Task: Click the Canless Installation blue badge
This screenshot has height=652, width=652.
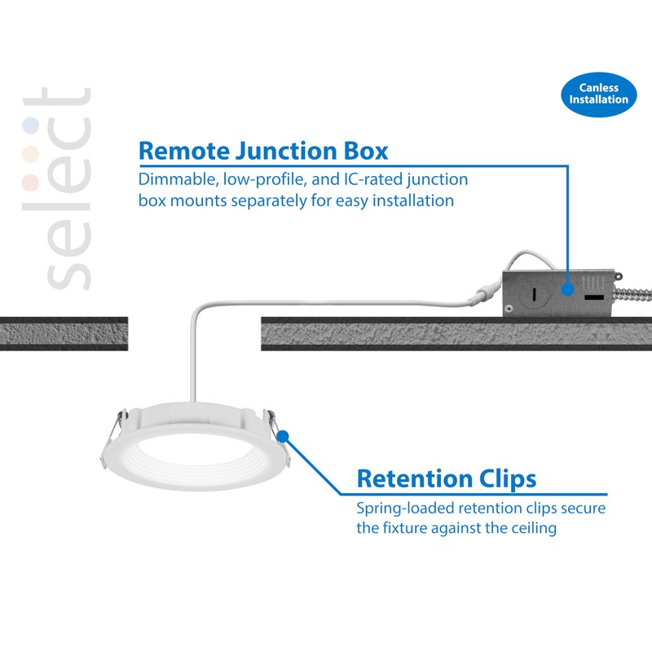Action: [x=599, y=94]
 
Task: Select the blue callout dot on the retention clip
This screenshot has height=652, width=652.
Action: [x=283, y=437]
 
